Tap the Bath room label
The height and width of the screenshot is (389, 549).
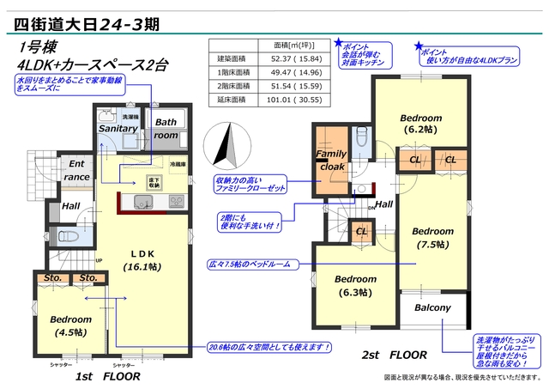[x=166, y=129]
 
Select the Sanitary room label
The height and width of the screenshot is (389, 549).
[x=118, y=129]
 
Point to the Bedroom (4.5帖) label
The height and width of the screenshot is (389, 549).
[x=70, y=325]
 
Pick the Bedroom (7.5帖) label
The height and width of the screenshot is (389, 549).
[x=432, y=237]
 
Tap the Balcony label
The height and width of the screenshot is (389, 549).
[x=432, y=307]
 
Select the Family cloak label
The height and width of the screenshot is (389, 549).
[x=331, y=160]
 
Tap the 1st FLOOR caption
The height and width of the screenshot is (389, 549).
[x=107, y=376]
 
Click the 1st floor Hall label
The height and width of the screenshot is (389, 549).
[x=70, y=206]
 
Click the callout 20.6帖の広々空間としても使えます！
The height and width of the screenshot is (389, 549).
[x=269, y=347]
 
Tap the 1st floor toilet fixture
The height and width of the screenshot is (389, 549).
[x=66, y=234]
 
